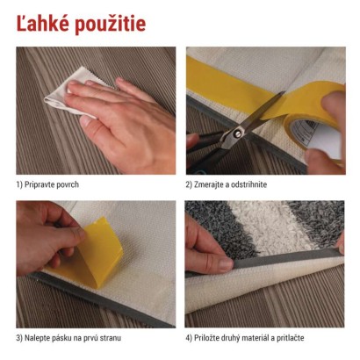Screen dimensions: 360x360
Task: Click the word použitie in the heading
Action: (111, 24)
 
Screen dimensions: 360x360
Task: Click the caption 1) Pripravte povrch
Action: (47, 184)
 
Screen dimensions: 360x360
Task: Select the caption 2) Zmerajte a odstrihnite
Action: (227, 184)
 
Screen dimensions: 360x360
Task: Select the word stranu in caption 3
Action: (111, 338)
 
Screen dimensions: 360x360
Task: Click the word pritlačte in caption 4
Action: (292, 338)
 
